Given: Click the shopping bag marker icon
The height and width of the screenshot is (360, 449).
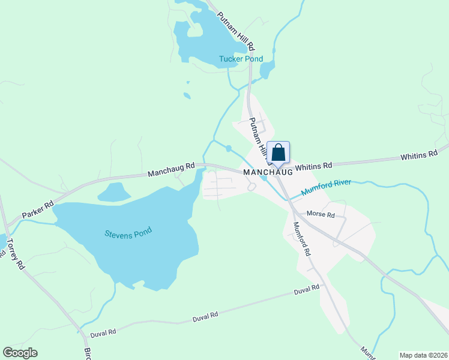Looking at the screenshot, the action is coord(277,152).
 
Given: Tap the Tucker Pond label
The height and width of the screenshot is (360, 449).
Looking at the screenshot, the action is coord(241,59).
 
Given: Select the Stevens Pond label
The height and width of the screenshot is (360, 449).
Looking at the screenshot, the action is coord(128,232).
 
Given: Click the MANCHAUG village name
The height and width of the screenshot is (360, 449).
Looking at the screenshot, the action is coord(268,172).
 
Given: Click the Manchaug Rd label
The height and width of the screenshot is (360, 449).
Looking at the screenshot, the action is coord(172,169).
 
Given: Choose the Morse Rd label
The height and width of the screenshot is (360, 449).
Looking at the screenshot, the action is coord(321,214).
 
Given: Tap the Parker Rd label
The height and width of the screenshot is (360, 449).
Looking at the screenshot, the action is coord(37,209).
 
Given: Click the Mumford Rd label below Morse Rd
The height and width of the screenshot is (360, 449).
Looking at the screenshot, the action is coord(301,239).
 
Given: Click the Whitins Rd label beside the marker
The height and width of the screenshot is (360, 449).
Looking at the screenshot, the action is coord(313,165).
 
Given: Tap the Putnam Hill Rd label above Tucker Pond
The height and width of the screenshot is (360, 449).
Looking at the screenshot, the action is coord(237,31).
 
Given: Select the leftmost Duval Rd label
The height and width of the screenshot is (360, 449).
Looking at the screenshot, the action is coord(103,332).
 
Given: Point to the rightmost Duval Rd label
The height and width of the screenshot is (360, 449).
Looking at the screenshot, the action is coord(306,290).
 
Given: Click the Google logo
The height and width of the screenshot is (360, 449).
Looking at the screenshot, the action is coord(20,353).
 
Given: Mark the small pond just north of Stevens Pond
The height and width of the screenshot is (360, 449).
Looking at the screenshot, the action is coord(113,193).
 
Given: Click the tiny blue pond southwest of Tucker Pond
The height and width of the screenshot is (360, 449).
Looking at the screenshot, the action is coord(187,95).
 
